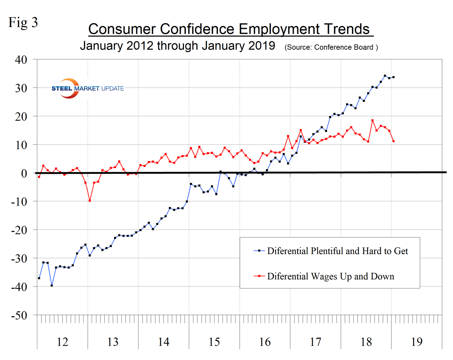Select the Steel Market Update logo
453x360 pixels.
click(x=87, y=88)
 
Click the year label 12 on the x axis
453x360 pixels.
click(x=62, y=342)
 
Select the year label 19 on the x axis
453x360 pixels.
click(x=416, y=342)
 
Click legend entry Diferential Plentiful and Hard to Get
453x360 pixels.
click(x=338, y=251)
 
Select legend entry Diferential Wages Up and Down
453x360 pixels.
click(x=331, y=276)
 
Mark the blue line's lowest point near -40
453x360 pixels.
click(x=52, y=285)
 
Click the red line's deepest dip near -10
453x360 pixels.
click(x=90, y=201)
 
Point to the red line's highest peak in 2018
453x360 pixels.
click(x=372, y=121)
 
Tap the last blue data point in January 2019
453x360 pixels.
click(x=393, y=77)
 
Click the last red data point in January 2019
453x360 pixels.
click(x=393, y=141)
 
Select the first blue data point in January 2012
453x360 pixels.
click(x=39, y=278)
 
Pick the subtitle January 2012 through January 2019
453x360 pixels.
click(x=177, y=46)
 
